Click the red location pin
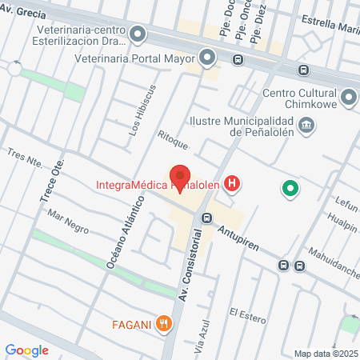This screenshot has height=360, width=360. (x=181, y=177)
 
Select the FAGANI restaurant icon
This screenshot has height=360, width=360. (x=164, y=323)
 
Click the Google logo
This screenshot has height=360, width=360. (x=27, y=350)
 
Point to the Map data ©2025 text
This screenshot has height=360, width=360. (x=326, y=354)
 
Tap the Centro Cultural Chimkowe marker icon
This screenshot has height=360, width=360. (x=348, y=98)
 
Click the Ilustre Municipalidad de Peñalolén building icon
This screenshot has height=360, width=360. (x=306, y=125)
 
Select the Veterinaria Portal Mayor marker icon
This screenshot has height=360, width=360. (x=208, y=58)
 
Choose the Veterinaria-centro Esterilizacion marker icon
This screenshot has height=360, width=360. (x=138, y=34)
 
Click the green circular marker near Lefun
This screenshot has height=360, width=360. (x=290, y=190)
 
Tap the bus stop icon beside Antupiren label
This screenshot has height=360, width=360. (x=206, y=218)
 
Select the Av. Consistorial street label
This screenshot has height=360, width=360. (x=189, y=271)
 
